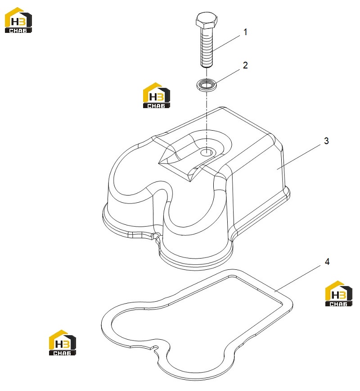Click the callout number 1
(245, 32)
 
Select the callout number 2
(245, 65)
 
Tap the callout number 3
(326, 141)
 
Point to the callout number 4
(327, 262)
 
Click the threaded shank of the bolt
(207, 47)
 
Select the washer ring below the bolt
(207, 85)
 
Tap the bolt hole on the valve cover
(206, 152)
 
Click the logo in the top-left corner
(18, 20)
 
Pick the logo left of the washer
(157, 95)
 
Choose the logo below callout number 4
(339, 294)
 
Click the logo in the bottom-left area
(63, 343)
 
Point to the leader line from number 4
(298, 278)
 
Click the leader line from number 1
(226, 43)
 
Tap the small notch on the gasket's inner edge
(155, 348)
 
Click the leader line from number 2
(228, 76)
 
